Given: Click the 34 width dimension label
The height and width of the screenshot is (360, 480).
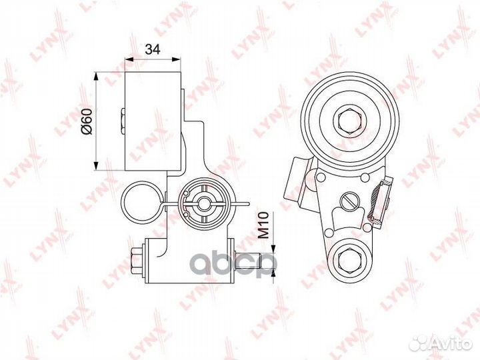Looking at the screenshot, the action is (153, 49).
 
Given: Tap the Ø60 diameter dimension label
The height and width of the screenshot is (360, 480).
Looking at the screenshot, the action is (87, 121).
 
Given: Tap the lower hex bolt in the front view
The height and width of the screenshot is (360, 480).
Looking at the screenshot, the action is (350, 261).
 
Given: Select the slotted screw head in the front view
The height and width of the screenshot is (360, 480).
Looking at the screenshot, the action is (349, 201).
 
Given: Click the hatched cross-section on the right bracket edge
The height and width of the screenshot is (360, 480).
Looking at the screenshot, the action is (377, 202).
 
